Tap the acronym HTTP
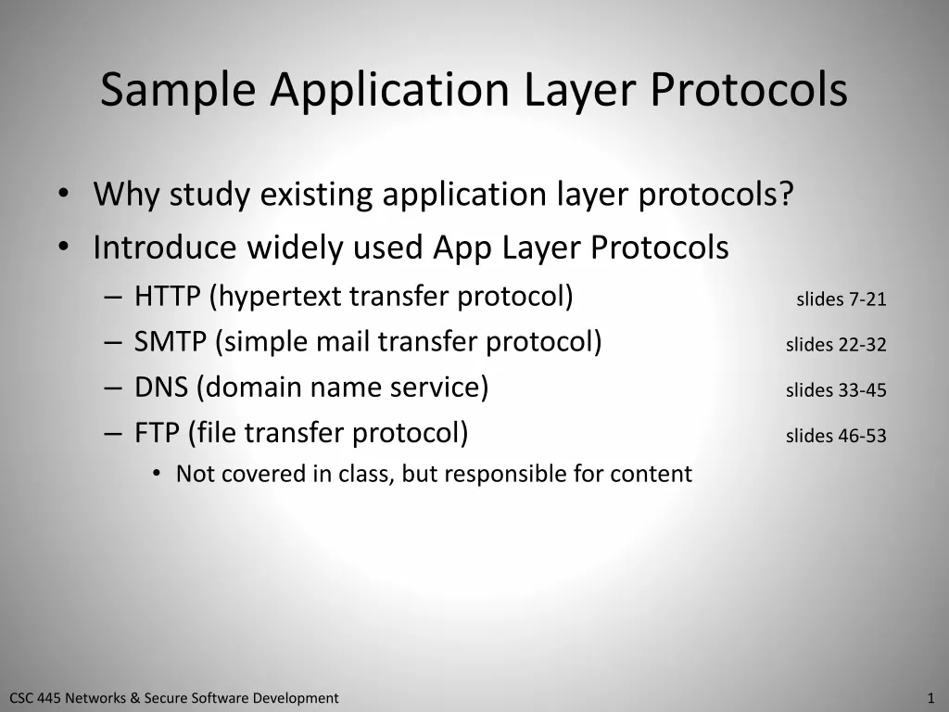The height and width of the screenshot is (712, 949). tap(168, 297)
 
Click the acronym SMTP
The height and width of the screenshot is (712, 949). tap(171, 342)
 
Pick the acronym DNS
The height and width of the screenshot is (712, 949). tap(161, 388)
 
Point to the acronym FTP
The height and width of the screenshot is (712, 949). tap(157, 433)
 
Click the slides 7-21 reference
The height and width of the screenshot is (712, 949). tap(841, 299)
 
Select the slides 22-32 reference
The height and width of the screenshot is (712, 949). tap(836, 345)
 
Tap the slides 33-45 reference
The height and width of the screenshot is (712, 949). tap(836, 390)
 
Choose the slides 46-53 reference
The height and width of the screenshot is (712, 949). tap(836, 436)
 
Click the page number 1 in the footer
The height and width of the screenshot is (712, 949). tap(930, 698)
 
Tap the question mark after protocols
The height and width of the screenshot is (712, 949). tap(786, 196)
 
